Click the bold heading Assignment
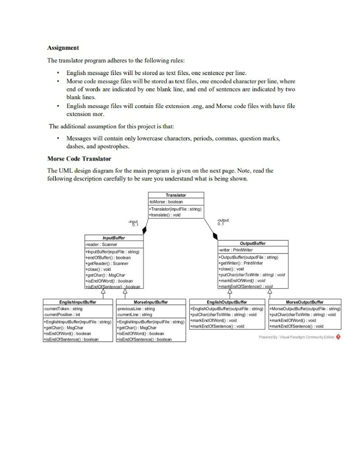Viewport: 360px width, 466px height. (63, 48)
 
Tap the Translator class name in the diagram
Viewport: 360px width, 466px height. (176, 195)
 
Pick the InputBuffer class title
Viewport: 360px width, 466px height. (113, 238)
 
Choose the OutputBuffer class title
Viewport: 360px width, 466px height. (252, 243)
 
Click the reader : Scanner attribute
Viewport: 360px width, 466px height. (101, 244)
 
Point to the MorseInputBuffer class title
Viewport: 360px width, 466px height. (151, 302)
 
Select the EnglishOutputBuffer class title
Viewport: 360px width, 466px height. (227, 302)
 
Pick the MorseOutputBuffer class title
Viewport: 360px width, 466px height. (304, 302)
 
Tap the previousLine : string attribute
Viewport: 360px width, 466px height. (136, 309)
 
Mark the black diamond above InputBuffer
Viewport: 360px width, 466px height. (144, 230)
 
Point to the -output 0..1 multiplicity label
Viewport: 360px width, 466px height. (223, 222)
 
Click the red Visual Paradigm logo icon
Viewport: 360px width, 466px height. (338, 337)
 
